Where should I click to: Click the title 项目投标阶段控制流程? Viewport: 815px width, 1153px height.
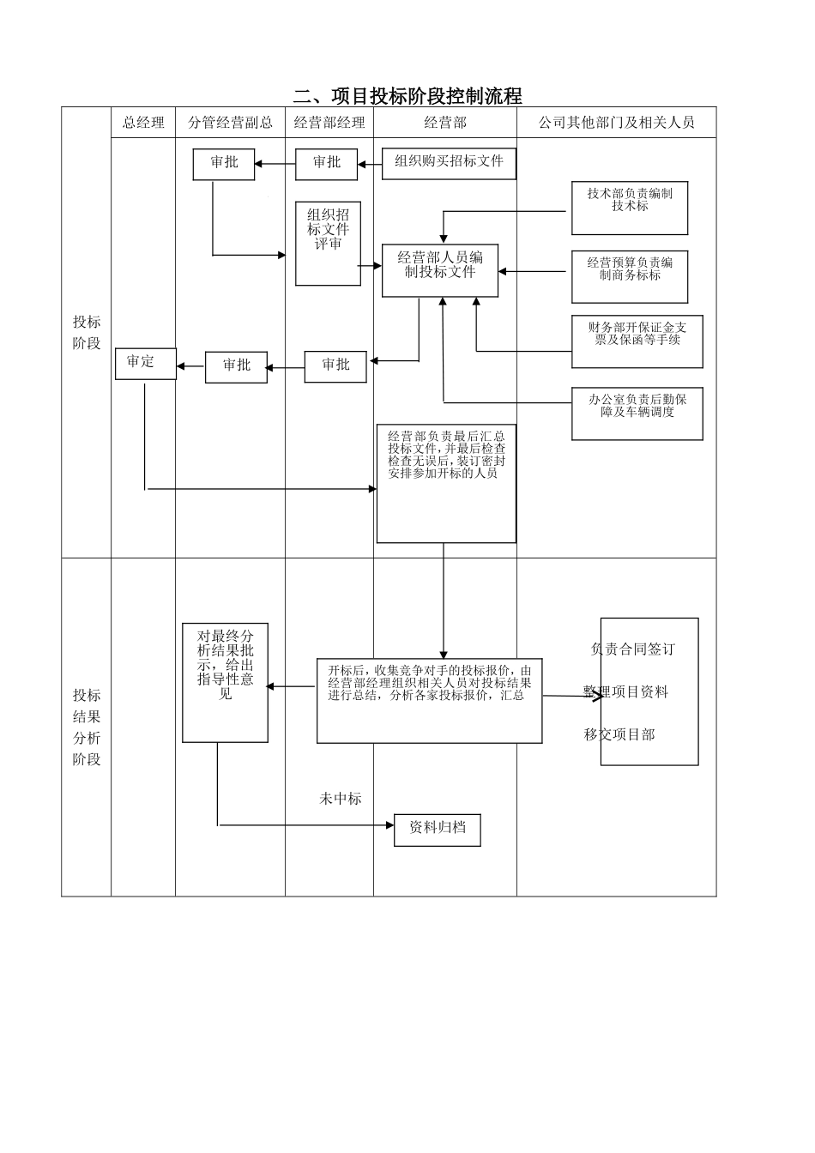407,95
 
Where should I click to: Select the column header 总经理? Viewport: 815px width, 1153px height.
143,123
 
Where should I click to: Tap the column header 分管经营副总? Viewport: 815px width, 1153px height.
230,123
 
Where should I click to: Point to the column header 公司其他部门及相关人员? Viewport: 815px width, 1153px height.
616,123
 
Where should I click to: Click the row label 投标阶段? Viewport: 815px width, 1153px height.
86,333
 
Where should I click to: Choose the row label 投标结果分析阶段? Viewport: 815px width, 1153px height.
86,727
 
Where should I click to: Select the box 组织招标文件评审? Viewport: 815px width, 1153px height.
328,244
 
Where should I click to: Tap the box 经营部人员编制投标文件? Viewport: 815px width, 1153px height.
440,269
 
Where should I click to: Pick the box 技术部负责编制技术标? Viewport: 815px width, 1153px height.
630,208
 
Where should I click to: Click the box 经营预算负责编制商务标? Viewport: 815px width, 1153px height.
630,276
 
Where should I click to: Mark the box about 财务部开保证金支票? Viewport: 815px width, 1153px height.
637,341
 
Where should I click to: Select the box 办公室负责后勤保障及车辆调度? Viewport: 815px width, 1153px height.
637,413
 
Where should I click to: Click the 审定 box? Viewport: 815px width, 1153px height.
145,363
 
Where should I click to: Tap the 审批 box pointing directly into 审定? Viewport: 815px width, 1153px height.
236,366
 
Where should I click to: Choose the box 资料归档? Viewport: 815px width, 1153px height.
437,830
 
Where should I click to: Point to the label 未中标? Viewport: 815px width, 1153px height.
341,799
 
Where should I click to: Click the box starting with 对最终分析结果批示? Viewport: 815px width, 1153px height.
225,682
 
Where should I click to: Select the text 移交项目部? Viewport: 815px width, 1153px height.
619,734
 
